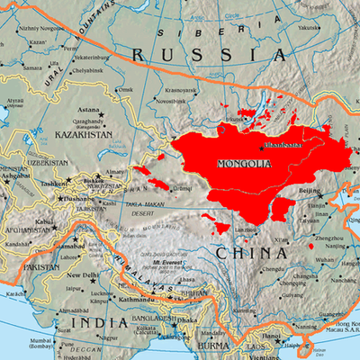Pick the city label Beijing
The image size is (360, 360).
[x=310, y=192]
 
